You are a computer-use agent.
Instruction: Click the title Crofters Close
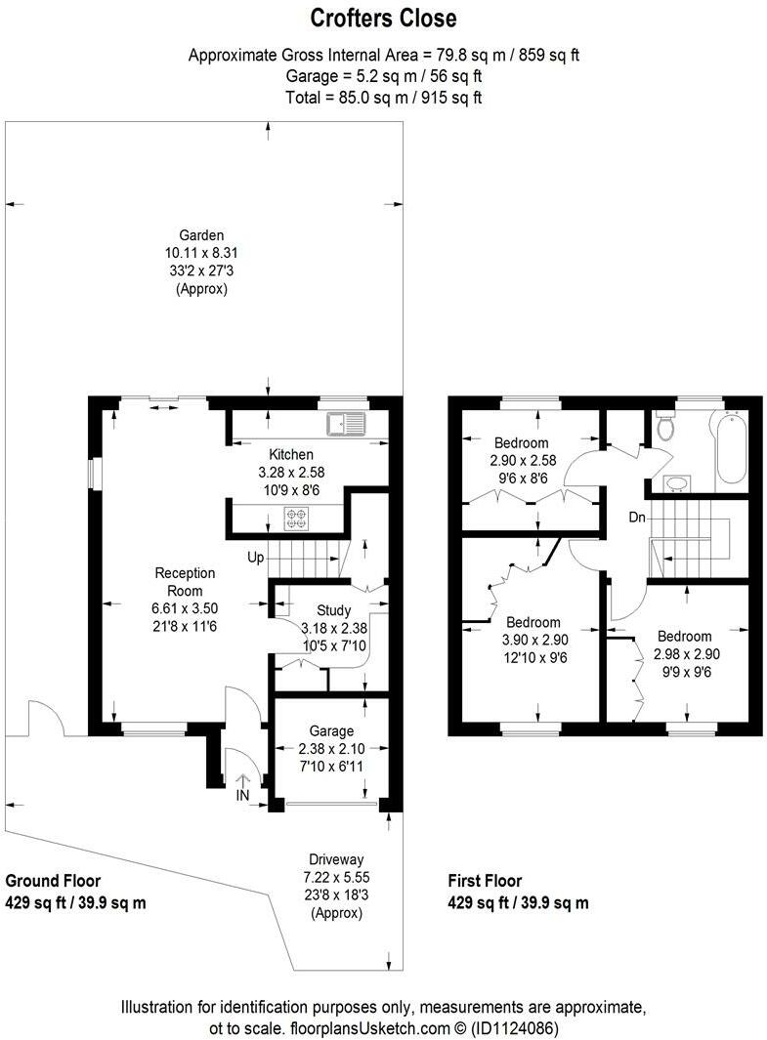(383, 18)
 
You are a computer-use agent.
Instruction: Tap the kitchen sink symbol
(347, 424)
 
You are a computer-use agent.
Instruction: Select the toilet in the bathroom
(667, 427)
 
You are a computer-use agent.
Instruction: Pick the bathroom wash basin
(674, 482)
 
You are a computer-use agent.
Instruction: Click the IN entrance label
(242, 796)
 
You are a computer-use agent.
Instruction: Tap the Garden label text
(201, 234)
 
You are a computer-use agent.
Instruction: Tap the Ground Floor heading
(54, 881)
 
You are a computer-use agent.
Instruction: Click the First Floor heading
(485, 881)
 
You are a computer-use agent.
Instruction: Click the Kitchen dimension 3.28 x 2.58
(291, 471)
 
